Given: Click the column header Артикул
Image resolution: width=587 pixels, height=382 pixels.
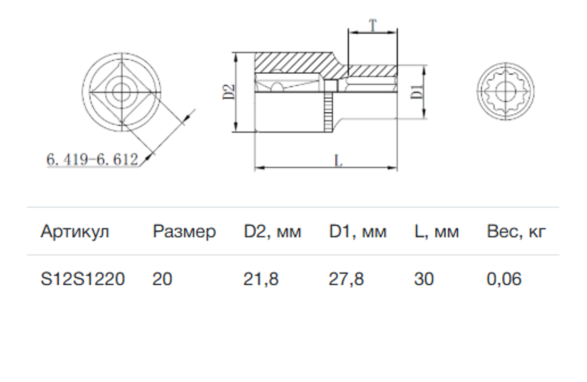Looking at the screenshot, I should [75, 232].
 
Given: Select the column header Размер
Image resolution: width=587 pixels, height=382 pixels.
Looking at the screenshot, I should [184, 232].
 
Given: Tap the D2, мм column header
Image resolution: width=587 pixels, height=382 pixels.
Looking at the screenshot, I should [273, 232].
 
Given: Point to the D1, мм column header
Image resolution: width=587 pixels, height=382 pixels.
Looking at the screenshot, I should [358, 232].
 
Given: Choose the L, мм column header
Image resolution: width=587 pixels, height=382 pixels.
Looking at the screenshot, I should [436, 232].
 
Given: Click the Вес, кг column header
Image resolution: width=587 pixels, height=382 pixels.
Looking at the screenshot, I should [516, 232].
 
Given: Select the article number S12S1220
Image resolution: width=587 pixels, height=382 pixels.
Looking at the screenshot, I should [83, 279].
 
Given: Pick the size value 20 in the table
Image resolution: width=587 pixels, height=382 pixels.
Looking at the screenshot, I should [163, 279].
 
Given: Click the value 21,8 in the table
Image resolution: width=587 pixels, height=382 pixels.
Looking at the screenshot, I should [261, 279].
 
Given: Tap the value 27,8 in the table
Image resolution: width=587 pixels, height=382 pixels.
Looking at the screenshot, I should [346, 279].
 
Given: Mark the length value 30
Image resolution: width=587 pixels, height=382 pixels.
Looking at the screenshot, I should [423, 279].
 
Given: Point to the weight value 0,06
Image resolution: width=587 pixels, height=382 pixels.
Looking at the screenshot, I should [504, 279].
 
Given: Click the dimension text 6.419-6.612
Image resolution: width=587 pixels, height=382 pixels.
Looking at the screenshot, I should [92, 159].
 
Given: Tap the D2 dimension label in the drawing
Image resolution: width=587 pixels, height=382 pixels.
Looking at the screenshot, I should [229, 92].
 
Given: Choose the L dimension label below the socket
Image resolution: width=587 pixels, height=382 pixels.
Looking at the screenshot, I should [338, 161].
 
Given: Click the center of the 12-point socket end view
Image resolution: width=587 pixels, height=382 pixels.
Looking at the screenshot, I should [505, 91].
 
